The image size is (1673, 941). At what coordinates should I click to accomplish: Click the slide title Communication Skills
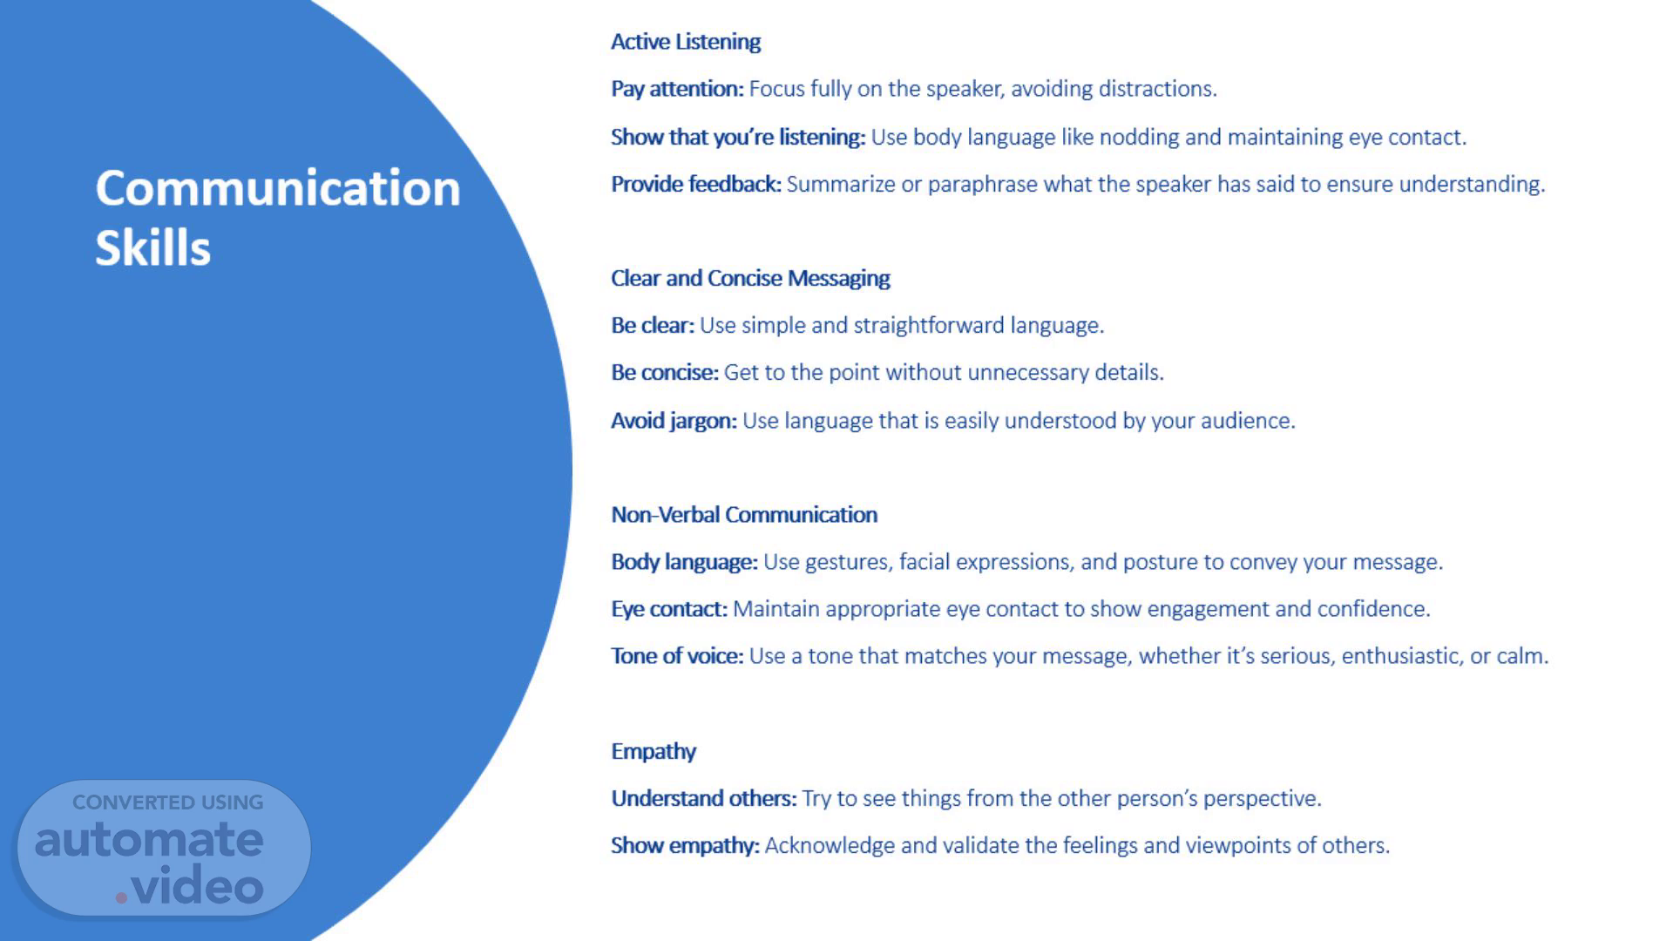click(x=278, y=217)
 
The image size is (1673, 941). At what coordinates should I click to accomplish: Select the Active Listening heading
click(x=686, y=42)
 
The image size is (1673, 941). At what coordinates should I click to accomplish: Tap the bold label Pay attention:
click(x=677, y=89)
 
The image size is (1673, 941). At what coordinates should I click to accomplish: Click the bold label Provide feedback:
click(x=696, y=184)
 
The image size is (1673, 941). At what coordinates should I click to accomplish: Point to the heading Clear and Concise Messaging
click(x=750, y=278)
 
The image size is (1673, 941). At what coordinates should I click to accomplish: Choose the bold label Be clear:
click(x=653, y=326)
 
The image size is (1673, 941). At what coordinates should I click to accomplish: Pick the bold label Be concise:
click(x=665, y=373)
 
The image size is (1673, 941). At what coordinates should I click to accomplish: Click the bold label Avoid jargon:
click(x=674, y=421)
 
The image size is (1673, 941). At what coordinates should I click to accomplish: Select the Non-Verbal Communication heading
click(x=744, y=515)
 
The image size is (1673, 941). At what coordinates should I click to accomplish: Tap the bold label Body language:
click(x=684, y=562)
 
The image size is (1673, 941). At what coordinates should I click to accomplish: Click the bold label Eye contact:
click(x=669, y=609)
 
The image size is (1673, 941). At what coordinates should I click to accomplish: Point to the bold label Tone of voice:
click(x=677, y=656)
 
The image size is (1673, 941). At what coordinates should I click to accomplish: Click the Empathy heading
click(x=654, y=752)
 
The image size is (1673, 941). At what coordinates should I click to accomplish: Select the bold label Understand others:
click(x=704, y=798)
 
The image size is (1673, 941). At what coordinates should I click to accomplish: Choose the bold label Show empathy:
click(x=685, y=846)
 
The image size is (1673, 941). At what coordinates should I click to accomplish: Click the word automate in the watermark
click(x=149, y=839)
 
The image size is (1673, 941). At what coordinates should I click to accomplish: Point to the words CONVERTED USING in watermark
click(x=167, y=802)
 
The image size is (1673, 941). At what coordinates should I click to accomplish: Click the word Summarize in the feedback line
click(x=829, y=184)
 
